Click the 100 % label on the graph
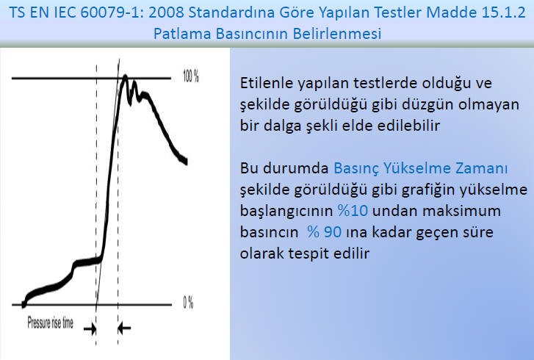click(x=191, y=76)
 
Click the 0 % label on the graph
click(x=188, y=303)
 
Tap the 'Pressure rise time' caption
click(x=51, y=323)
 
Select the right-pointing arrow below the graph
click(x=90, y=328)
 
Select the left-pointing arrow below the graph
click(x=124, y=328)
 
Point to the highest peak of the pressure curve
click(x=126, y=77)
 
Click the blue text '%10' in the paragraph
click(x=353, y=210)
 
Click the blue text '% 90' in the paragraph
click(x=324, y=232)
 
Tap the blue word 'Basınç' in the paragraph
click(x=356, y=169)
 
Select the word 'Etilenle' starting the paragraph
click(x=267, y=83)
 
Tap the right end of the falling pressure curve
click(x=186, y=162)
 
